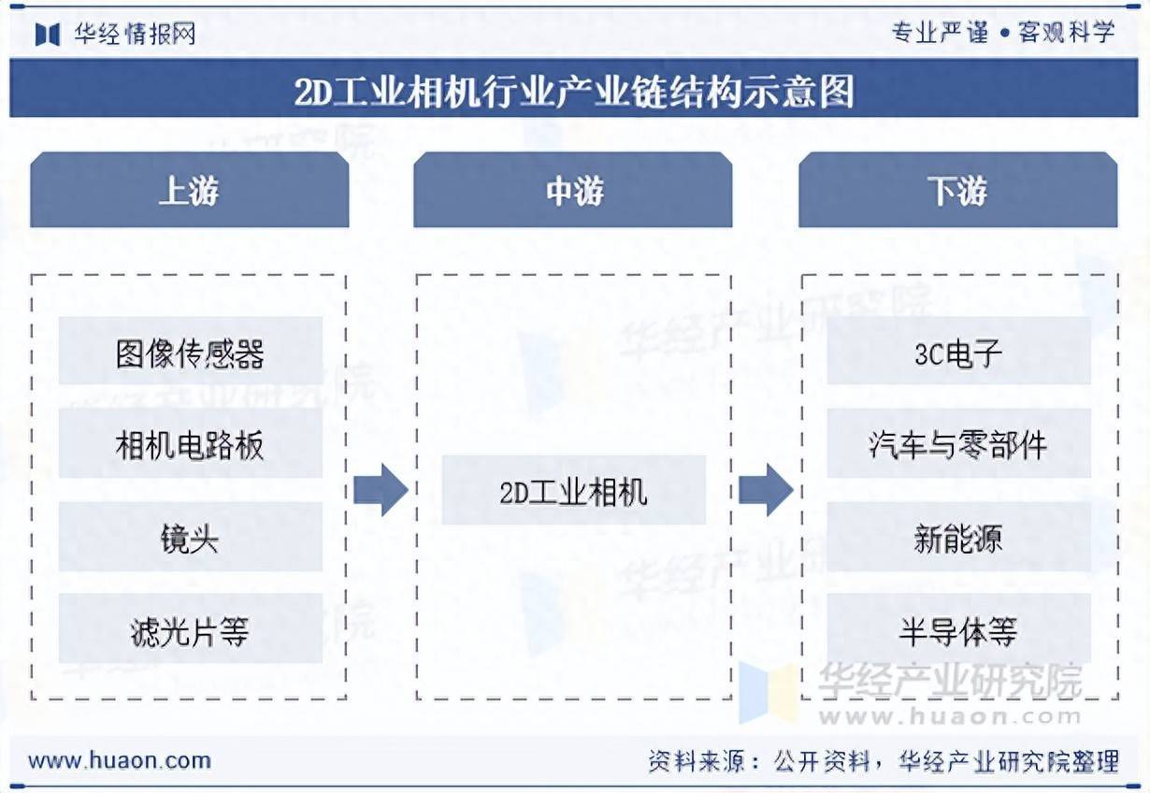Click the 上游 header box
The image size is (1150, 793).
[190, 190]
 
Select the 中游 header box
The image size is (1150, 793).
[573, 190]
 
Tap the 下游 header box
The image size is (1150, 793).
[958, 190]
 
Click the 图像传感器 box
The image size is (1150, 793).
[191, 351]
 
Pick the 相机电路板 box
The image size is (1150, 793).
[191, 443]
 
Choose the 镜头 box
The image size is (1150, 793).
[191, 537]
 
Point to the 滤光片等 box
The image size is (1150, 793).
[191, 628]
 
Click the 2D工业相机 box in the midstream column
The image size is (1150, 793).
[574, 490]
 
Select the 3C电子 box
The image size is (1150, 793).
[958, 351]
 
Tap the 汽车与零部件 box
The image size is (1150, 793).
[958, 443]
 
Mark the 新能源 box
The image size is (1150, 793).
[958, 537]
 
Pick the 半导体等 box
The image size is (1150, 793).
[958, 628]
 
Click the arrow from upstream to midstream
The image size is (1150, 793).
[381, 490]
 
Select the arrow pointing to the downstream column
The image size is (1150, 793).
[766, 490]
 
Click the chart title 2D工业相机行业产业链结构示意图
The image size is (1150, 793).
[574, 92]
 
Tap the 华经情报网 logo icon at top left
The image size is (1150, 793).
[48, 35]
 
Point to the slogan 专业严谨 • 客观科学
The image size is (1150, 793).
[1003, 33]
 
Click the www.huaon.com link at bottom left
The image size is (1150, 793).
[120, 760]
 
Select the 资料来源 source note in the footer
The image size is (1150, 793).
[883, 761]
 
